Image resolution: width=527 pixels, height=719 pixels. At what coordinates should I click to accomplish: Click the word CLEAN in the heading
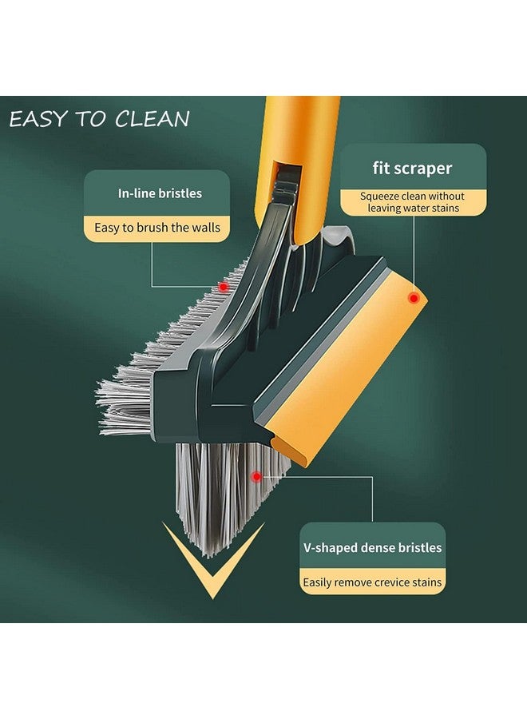point(152,119)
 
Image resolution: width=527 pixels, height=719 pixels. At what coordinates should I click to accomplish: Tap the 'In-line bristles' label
point(160,193)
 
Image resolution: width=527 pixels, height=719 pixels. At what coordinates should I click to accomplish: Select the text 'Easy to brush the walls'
point(157,228)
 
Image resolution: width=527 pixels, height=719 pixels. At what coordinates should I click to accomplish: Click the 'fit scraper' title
point(412,168)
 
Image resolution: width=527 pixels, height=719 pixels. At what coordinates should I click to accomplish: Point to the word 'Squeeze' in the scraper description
point(381,196)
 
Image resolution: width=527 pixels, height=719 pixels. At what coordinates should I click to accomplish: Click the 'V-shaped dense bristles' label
point(372,548)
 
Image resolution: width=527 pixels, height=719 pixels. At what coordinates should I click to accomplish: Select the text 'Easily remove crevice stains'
point(372,582)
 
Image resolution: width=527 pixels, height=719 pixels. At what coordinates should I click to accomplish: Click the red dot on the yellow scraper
point(414,298)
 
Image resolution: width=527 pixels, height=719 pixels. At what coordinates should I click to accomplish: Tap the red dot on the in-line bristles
point(224,286)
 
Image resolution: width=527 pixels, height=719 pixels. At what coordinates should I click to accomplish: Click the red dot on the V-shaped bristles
point(256,476)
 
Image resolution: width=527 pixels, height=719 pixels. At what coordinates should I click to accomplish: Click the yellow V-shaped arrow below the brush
point(212,571)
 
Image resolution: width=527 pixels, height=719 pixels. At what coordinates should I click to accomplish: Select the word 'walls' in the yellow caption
point(204,228)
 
